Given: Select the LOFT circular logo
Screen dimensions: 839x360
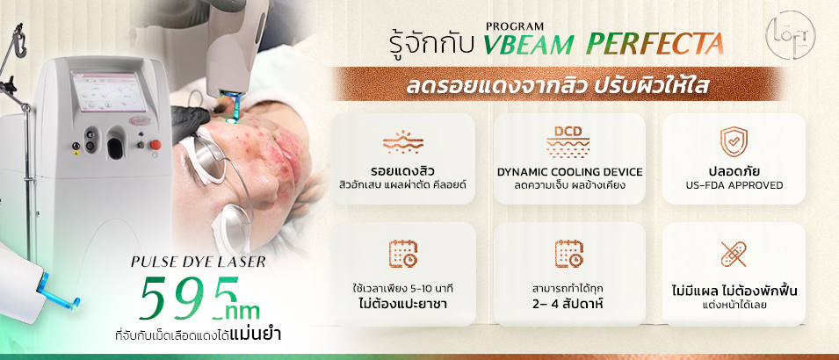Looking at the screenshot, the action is pos(791,35).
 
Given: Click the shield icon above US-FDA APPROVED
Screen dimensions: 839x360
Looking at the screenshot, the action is pos(733,141).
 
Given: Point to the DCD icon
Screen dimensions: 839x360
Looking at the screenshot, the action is pos(568,142).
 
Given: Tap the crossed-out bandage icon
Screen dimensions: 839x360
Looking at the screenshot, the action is pos(733,254).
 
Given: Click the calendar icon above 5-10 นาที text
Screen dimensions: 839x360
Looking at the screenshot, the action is pos(403,254).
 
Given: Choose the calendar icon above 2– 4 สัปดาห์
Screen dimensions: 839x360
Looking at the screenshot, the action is pos(568,254).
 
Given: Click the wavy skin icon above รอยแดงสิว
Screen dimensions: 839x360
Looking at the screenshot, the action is pos(403,141).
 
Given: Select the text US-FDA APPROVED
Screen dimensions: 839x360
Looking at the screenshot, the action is pos(734,185).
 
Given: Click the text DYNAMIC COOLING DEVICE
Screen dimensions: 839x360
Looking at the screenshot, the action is pos(570,172).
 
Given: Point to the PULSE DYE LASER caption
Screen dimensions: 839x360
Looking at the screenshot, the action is pos(198,263).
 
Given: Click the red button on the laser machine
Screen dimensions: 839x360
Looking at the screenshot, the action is pos(156,144).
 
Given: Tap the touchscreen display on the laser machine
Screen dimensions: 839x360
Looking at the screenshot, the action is pos(108,92).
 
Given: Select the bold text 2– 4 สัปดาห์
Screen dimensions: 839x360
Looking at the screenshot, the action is pos(568,304).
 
